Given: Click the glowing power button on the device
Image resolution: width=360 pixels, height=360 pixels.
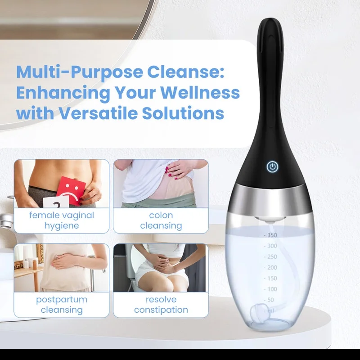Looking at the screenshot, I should [271, 167].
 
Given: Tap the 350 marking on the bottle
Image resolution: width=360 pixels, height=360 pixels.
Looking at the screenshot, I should [271, 235].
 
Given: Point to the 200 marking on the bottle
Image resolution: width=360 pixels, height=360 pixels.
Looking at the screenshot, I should [272, 267].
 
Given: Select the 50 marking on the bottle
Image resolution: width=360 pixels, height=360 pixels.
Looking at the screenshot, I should [271, 300].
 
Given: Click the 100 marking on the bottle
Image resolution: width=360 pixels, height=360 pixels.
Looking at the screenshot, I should [272, 289].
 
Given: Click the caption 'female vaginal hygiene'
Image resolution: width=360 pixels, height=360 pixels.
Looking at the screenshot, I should [62, 220].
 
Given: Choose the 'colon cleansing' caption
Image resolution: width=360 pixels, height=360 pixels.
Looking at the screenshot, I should [161, 220].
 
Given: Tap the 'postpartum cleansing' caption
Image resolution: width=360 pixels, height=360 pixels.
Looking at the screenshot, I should [62, 305].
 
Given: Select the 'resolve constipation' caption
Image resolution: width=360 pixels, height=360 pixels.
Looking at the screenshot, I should [161, 305].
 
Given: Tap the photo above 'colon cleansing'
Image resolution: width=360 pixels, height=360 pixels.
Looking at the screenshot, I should [161, 183].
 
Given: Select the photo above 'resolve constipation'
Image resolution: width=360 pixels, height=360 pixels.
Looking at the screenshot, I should [161, 268].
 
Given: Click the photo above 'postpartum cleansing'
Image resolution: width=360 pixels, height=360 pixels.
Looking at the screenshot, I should [62, 268].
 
